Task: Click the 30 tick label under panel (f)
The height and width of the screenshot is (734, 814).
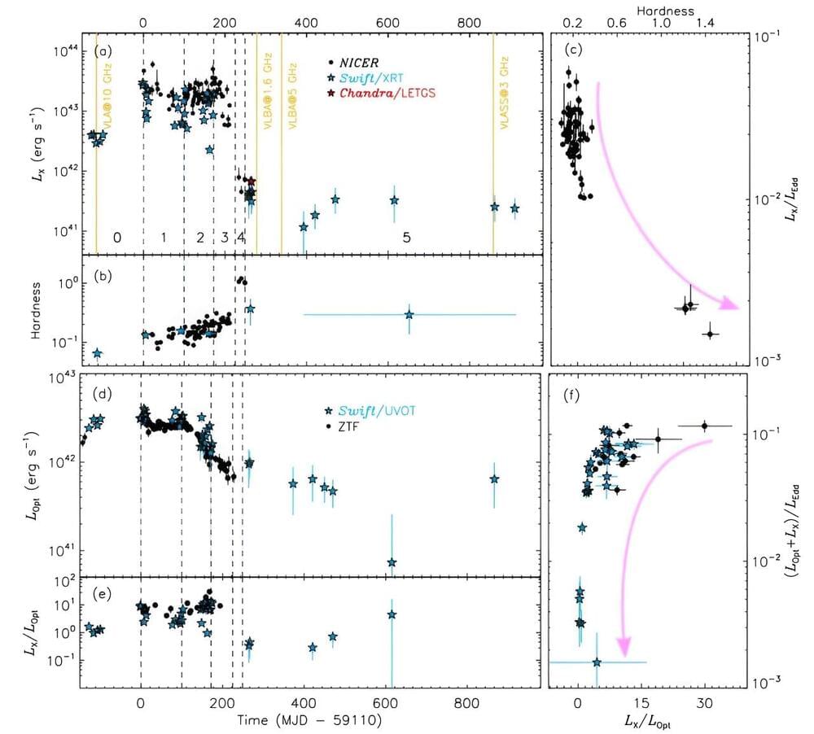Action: [705, 701]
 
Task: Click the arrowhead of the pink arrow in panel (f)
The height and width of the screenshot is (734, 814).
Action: [624, 647]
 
